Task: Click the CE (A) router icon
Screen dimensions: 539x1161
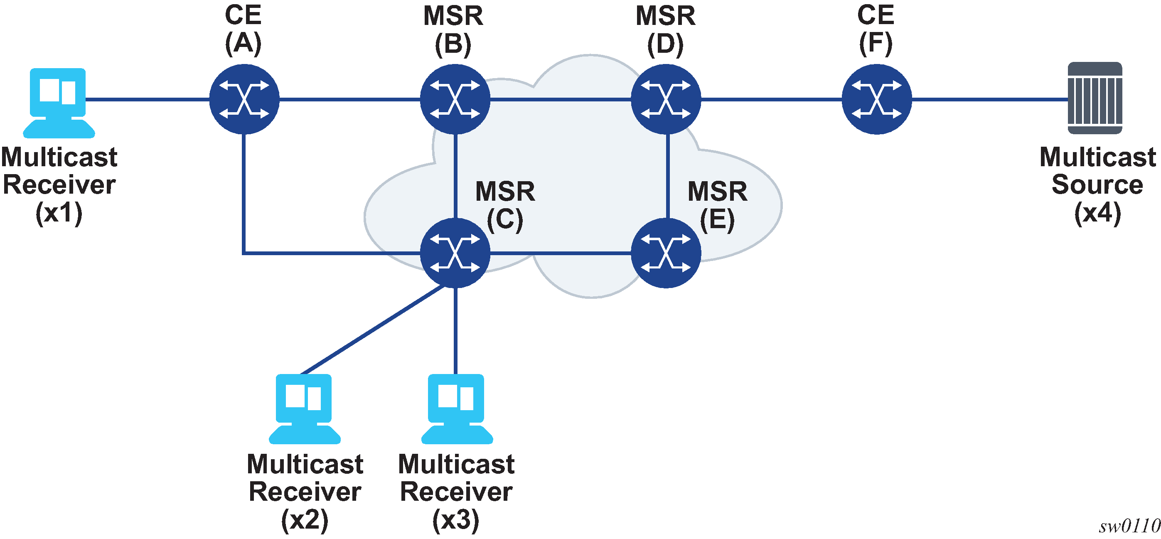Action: click(244, 99)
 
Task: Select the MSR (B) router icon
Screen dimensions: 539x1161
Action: click(455, 99)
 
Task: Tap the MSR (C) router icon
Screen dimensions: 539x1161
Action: click(455, 253)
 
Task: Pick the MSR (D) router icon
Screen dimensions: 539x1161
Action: click(666, 99)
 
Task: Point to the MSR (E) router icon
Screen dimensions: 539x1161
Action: click(666, 253)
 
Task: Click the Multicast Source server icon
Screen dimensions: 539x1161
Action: click(1095, 98)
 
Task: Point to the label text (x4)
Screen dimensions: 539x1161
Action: click(1097, 213)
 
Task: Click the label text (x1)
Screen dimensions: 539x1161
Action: click(59, 213)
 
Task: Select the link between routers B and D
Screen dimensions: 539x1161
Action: click(561, 99)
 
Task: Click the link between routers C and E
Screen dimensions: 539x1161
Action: click(561, 253)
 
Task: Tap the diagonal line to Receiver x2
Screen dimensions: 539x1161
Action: click(372, 330)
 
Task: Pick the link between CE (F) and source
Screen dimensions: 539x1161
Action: click(990, 99)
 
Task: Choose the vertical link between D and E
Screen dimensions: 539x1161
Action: click(667, 176)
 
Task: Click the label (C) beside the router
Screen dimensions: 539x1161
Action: click(505, 219)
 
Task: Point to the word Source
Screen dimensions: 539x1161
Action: click(1097, 185)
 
